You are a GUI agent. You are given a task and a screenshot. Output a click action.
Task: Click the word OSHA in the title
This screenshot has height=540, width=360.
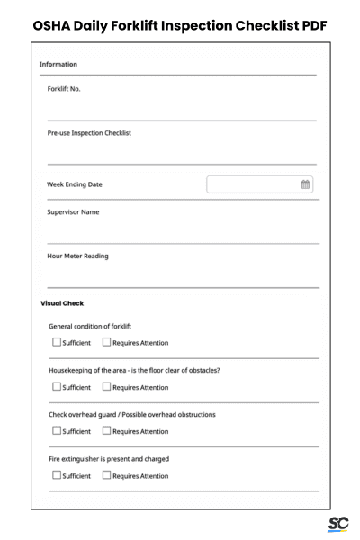pos(54,25)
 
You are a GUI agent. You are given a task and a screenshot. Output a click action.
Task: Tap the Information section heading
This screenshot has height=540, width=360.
pos(58,65)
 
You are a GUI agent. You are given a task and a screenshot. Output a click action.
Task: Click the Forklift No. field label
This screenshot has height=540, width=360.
pos(64,89)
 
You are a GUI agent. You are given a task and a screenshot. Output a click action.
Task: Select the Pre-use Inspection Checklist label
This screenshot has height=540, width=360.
pos(89,133)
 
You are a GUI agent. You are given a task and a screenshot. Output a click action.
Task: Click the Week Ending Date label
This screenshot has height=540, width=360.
pos(75,184)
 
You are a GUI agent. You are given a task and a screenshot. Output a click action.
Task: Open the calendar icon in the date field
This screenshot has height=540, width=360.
pos(305,184)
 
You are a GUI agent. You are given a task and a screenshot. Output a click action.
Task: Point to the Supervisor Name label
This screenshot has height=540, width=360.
pos(73,212)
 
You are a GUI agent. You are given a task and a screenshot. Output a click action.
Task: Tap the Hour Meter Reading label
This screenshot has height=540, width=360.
pos(77,256)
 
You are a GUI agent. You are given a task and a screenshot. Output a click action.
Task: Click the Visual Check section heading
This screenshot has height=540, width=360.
pos(62,303)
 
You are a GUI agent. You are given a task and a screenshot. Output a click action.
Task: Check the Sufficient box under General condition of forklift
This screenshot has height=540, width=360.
pos(57,342)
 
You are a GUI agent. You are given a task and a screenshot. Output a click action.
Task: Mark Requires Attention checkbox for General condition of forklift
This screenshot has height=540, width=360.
pos(106,342)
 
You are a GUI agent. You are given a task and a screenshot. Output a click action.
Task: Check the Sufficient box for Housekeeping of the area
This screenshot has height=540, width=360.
pos(57,387)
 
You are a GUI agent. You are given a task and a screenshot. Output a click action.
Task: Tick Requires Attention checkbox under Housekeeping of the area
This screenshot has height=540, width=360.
pos(106,387)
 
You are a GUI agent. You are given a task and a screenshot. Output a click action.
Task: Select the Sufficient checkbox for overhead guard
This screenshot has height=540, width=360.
pos(57,431)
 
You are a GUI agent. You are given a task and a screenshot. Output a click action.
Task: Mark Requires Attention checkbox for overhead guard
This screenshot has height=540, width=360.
pos(106,431)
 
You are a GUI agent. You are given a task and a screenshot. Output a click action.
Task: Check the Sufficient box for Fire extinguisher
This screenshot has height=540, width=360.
pos(57,475)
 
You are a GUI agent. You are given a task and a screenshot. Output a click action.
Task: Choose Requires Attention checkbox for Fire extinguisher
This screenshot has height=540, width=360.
pos(106,475)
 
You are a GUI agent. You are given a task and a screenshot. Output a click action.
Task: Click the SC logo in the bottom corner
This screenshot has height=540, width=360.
pos(338,524)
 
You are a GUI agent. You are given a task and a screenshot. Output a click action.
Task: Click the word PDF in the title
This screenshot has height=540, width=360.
pos(309,25)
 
